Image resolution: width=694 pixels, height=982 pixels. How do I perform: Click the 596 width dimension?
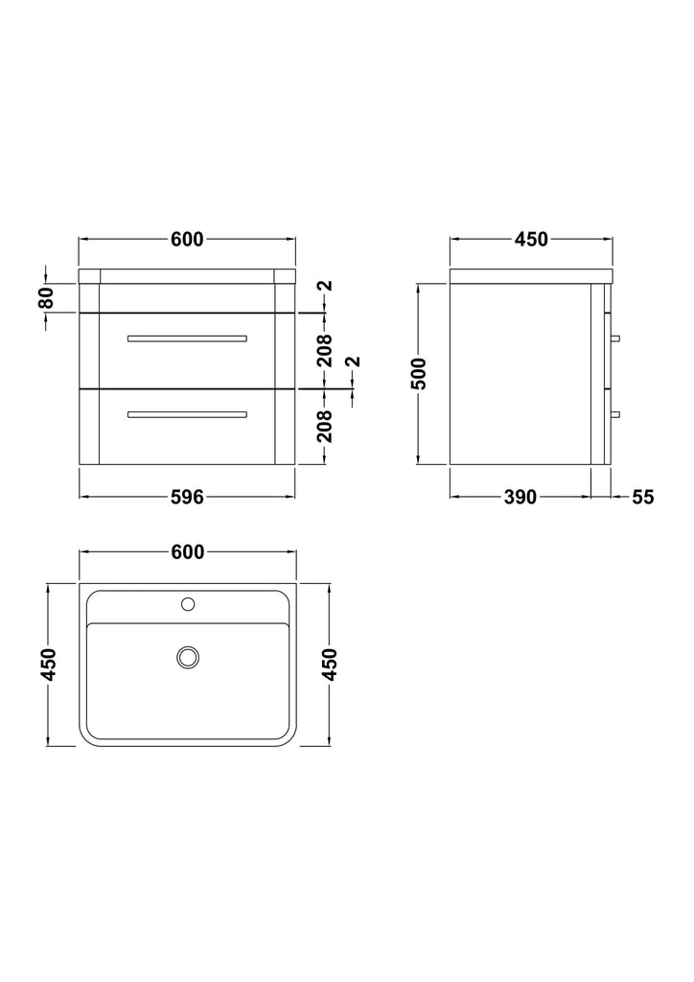pos(187,497)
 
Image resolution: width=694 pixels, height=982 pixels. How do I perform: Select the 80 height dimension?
pos(46,297)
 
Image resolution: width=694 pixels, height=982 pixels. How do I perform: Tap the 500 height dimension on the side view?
pos(419,373)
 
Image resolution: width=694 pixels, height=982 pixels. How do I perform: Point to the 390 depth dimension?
pos(520,497)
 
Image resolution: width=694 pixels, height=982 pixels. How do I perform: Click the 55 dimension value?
pos(642,497)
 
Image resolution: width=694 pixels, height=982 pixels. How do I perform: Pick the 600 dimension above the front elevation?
pos(187,239)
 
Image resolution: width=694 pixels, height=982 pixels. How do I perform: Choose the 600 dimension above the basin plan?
pos(187,551)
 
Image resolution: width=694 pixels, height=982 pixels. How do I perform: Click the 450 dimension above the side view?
pos(531,239)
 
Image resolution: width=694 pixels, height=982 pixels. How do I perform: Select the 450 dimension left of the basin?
pos(49,665)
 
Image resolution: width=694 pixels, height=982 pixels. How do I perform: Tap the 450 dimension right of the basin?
pos(329,665)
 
